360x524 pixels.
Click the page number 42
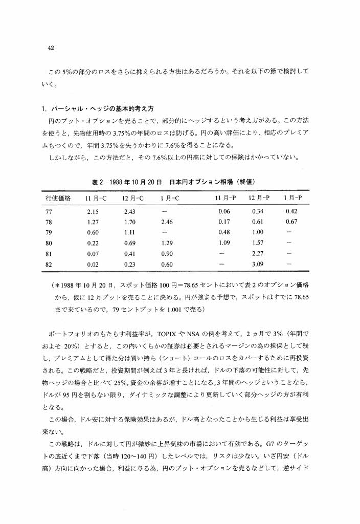51,48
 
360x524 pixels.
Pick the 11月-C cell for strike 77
93,211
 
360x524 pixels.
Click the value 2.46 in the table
168,222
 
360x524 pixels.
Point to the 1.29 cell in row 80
168,244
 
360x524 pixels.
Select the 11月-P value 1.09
224,244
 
